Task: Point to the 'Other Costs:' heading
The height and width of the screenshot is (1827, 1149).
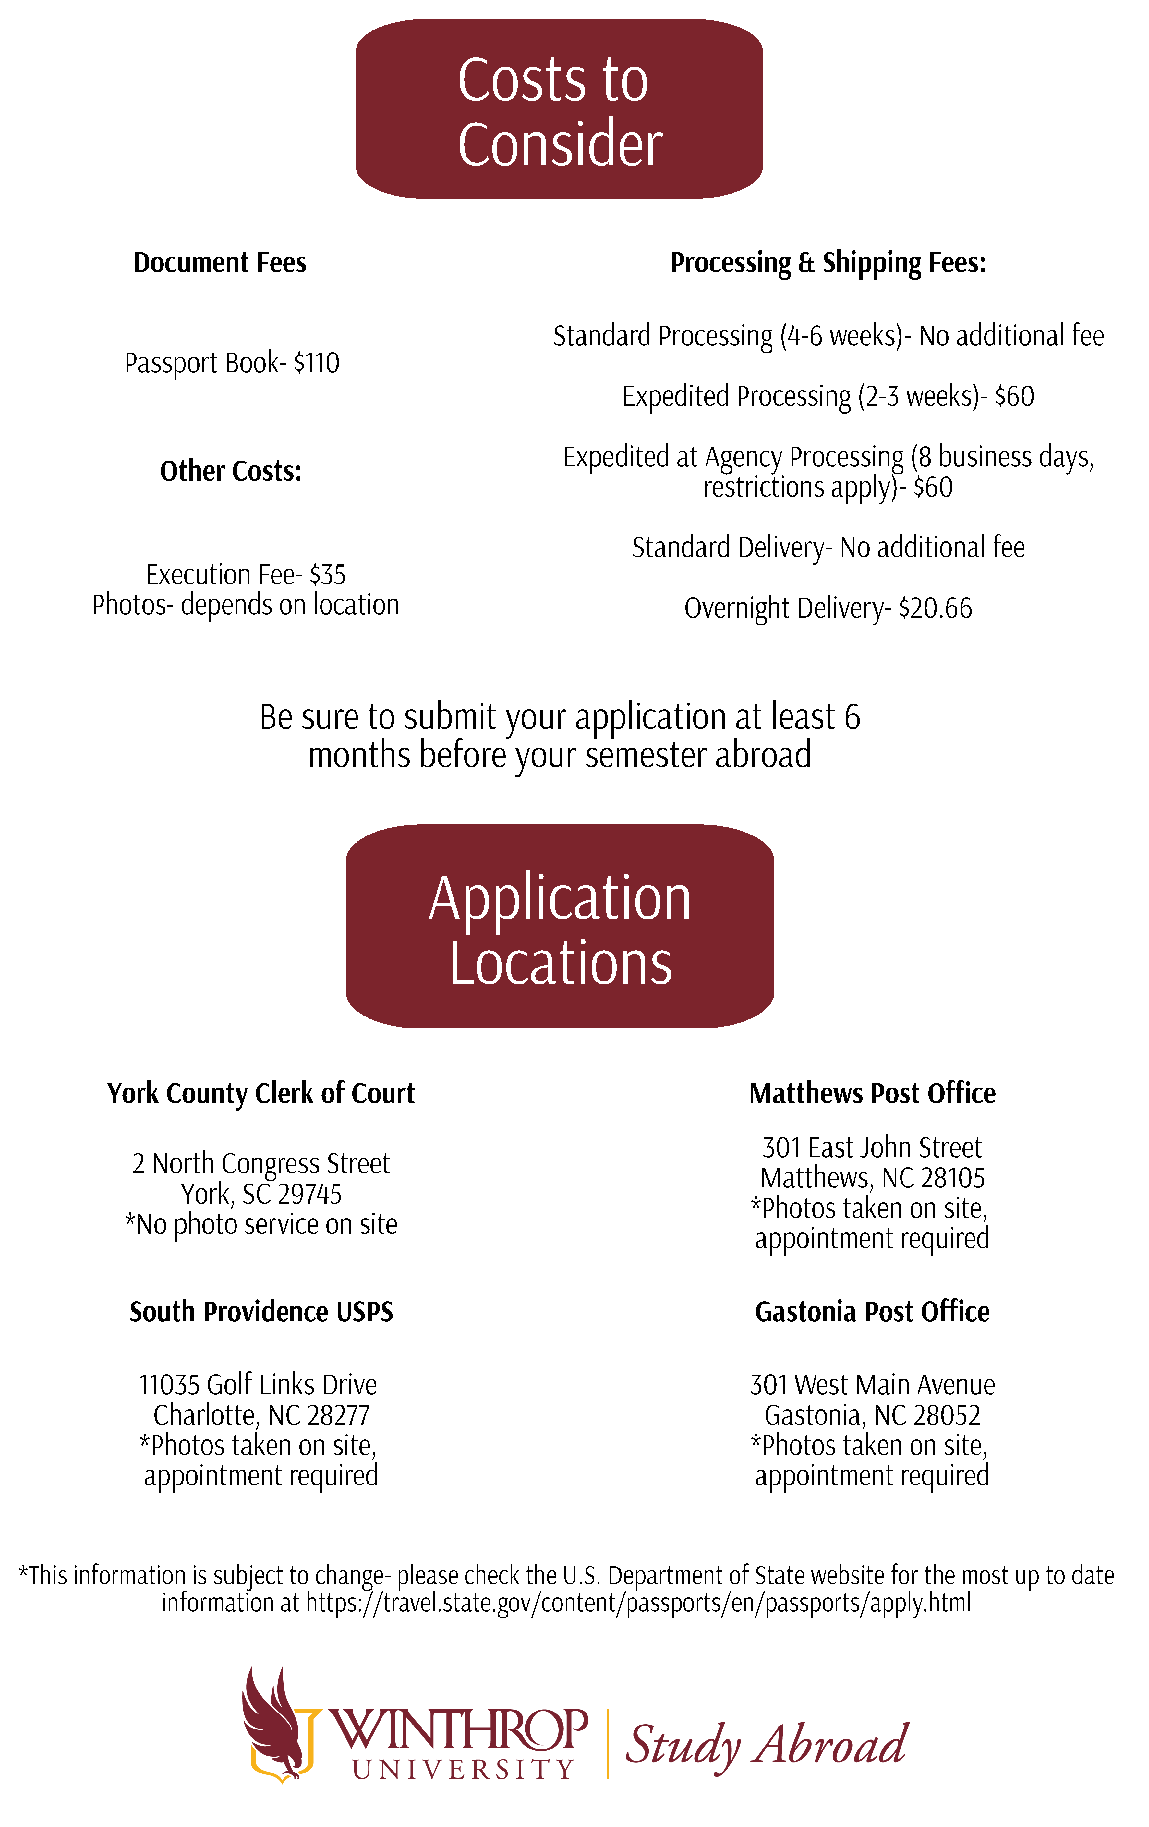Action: (231, 471)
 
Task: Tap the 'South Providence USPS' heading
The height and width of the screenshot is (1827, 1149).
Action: (261, 1312)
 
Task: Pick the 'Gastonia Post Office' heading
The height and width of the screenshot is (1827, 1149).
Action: (872, 1312)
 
